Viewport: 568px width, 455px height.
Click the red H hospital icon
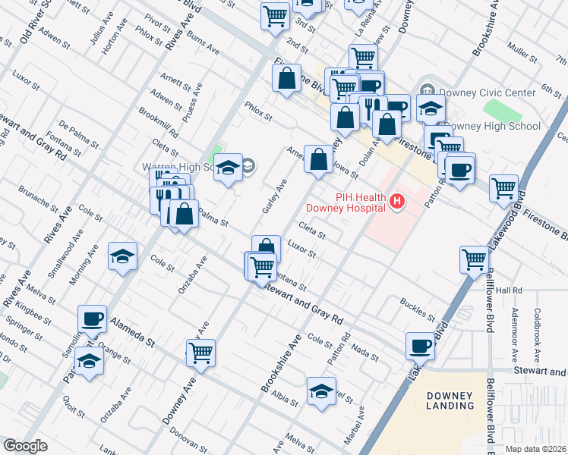396,201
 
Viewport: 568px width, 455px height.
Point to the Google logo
25,446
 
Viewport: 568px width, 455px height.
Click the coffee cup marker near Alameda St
93,319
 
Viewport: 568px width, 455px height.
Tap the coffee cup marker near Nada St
420,347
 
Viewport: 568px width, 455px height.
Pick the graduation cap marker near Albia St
321,392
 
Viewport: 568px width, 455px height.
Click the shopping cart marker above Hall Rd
475,259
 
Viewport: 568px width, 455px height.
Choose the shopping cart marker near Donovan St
200,353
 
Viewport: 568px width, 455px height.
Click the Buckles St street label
417,309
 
